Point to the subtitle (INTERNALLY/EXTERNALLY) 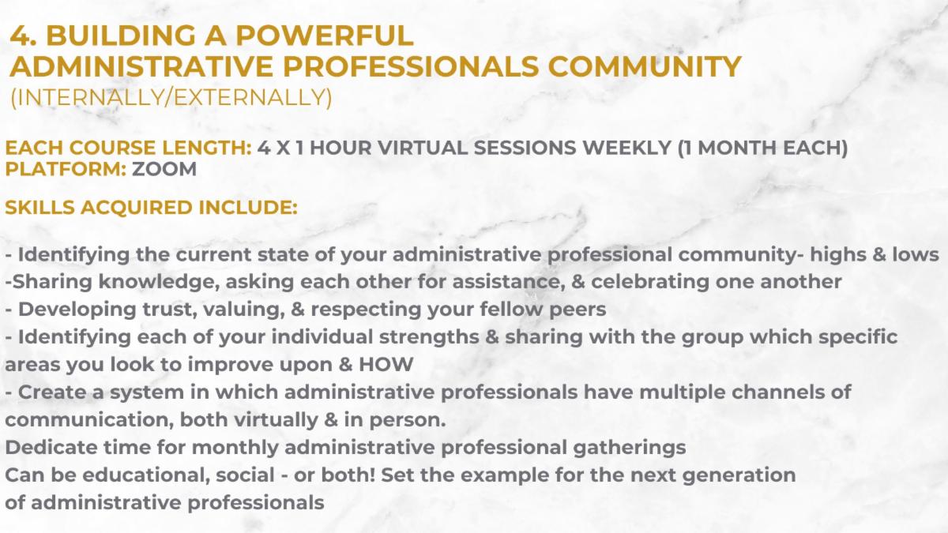(x=171, y=97)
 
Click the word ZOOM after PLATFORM (x=164, y=169)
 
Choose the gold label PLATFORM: (x=66, y=169)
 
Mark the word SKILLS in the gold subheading (x=39, y=207)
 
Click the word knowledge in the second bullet (x=159, y=282)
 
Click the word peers (x=577, y=310)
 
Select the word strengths (x=429, y=337)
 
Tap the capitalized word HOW (x=386, y=365)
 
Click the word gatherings (x=630, y=448)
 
